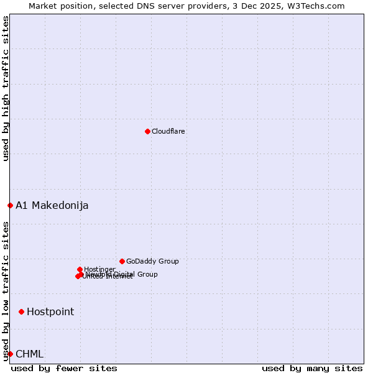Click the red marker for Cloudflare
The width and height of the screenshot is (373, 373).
(147, 131)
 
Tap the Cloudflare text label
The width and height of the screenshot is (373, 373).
(168, 131)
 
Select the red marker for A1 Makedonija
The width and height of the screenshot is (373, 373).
(10, 205)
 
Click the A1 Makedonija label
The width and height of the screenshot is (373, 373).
(52, 206)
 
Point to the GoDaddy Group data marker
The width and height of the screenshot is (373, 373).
(122, 261)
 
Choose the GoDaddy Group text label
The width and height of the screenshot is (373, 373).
(152, 262)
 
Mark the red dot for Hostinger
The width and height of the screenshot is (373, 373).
(80, 269)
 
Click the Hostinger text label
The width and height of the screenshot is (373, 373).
(99, 269)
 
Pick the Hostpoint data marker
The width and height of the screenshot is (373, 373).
(21, 311)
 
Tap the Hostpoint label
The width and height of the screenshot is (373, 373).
(50, 312)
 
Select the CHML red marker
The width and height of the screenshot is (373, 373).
(10, 354)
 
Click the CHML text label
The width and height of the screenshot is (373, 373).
(30, 354)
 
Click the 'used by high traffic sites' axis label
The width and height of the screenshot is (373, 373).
(6, 88)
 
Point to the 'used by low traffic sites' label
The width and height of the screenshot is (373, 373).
(6, 291)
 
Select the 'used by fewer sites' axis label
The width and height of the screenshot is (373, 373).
(64, 368)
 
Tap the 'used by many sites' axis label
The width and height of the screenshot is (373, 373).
(312, 368)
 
